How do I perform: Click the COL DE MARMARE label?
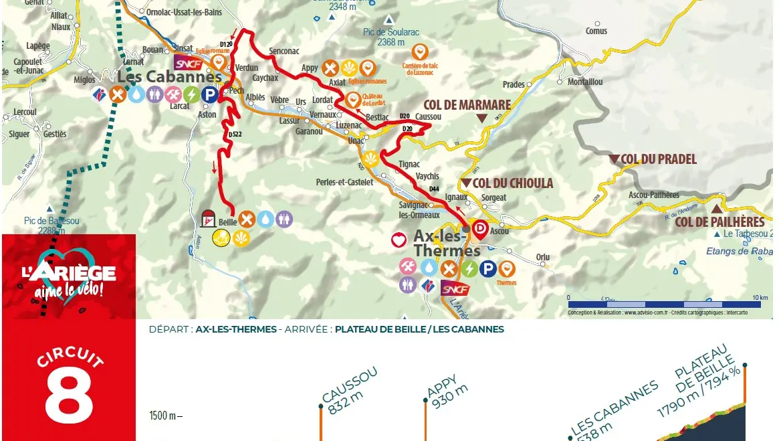[467, 105]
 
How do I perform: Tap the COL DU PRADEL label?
[659, 159]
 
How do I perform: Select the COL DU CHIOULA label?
[512, 183]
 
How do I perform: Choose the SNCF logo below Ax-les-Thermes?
[455, 288]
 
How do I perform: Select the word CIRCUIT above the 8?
[70, 357]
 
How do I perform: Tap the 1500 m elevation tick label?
[165, 416]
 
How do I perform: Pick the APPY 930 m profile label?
[447, 389]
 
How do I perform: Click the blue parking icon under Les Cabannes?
[210, 95]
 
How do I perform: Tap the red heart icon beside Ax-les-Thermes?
[399, 240]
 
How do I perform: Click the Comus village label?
[596, 31]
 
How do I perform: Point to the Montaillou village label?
[585, 82]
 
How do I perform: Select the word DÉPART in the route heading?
[170, 329]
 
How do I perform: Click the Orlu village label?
[542, 258]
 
